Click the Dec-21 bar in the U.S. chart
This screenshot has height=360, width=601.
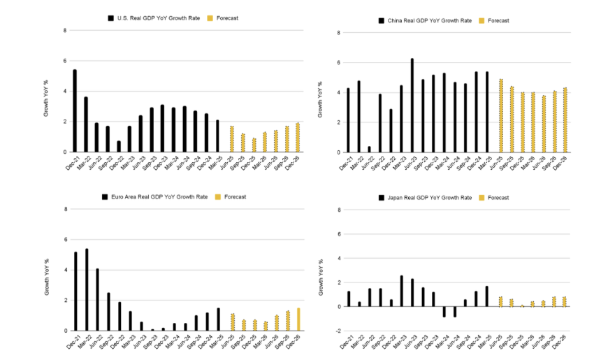coord(75,110)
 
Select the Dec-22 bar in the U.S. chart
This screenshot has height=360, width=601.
coord(119,146)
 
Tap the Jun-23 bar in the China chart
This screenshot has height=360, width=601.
coord(412,105)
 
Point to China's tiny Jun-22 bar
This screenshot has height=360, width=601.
coord(370,149)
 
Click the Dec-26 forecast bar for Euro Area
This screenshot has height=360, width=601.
coord(298,319)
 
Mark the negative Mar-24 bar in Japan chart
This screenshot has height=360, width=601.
coord(444,312)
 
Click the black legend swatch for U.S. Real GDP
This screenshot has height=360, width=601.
coord(110,17)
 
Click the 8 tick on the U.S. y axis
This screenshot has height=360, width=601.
coord(65,31)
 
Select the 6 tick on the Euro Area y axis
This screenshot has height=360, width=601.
coord(65,240)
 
